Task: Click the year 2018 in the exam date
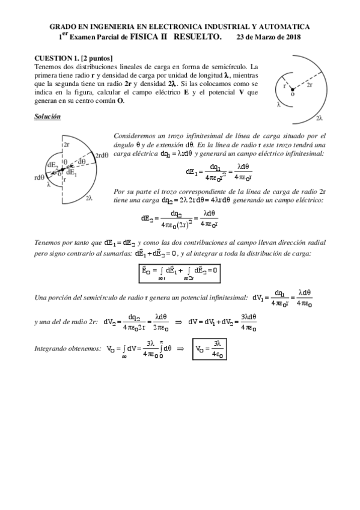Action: click(293, 37)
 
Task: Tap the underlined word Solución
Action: click(47, 117)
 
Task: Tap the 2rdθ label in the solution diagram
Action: click(101, 155)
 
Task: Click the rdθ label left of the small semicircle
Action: click(40, 177)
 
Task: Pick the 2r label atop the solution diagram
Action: click(67, 145)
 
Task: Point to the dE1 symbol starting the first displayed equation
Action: click(192, 171)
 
